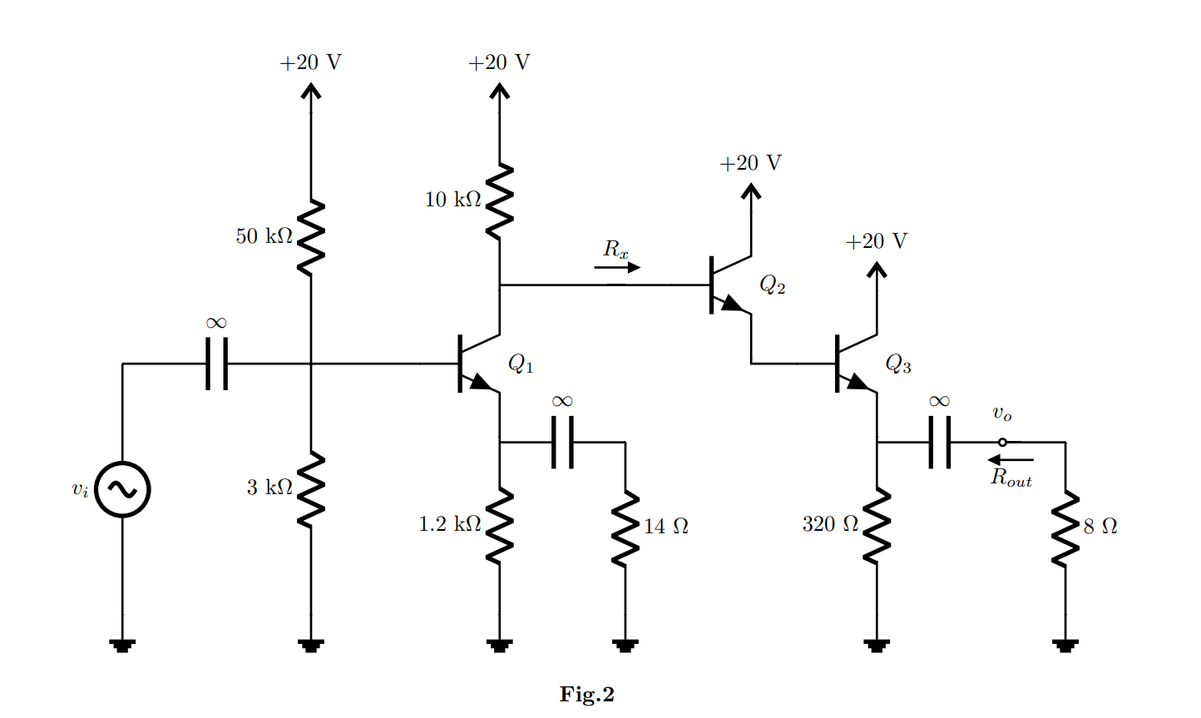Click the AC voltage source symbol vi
(122, 489)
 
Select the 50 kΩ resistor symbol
(310, 237)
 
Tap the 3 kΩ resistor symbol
(310, 488)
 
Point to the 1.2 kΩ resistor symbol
(499, 525)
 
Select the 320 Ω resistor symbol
(877, 525)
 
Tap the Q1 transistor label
(521, 364)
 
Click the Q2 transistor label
(772, 285)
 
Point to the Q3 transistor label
(898, 364)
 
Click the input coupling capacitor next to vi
(216, 364)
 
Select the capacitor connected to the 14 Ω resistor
(562, 443)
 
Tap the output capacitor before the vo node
(940, 443)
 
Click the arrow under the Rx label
(617, 268)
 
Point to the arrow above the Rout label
(1011, 460)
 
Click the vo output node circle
(1002, 443)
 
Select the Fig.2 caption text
(586, 695)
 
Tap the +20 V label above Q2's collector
(750, 163)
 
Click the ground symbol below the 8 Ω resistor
(1065, 645)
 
